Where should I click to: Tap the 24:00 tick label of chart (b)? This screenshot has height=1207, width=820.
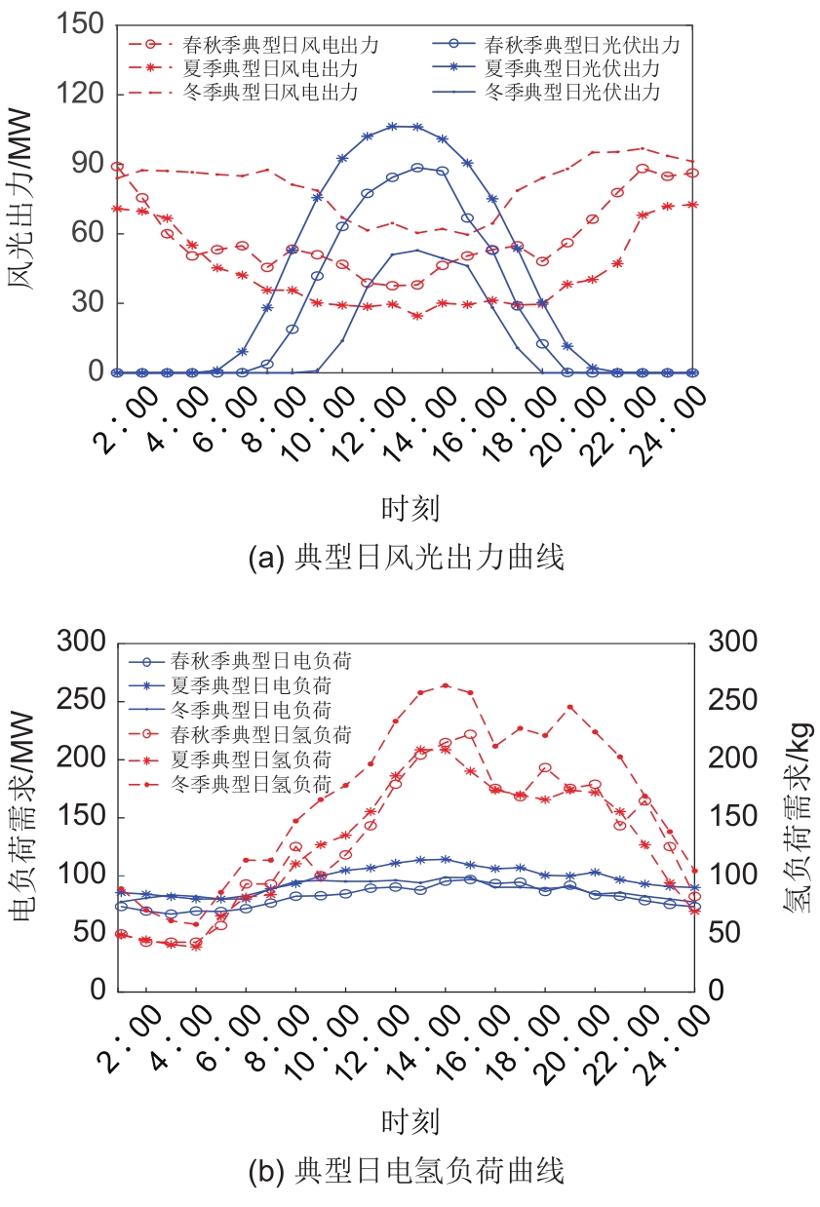pyautogui.click(x=671, y=1035)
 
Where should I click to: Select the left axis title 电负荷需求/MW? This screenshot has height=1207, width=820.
pyautogui.click(x=23, y=817)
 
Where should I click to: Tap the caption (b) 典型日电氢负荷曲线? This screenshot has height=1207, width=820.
pyautogui.click(x=407, y=1171)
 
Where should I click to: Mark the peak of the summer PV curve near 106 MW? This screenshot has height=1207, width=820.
pyautogui.click(x=393, y=126)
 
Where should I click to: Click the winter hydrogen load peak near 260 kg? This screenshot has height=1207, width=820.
pyautogui.click(x=446, y=685)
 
